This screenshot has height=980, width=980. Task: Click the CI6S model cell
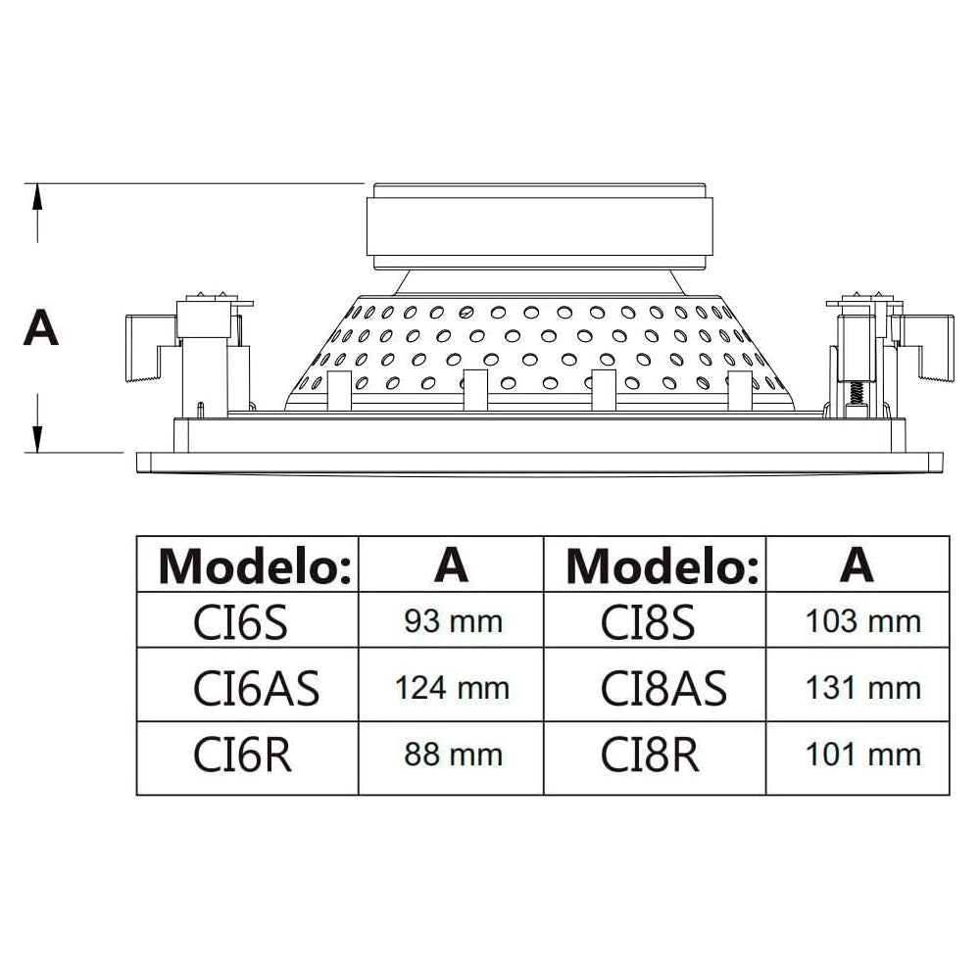[240, 621]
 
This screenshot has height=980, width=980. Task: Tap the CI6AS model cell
[257, 688]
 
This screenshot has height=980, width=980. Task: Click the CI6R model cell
[243, 755]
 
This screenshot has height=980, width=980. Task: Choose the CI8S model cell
[648, 621]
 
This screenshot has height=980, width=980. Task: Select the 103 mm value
[862, 621]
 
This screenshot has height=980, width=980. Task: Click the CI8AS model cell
[663, 688]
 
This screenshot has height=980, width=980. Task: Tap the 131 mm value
[862, 688]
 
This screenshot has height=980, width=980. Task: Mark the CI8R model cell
[650, 755]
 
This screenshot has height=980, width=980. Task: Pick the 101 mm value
[862, 755]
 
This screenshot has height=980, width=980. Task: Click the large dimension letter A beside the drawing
[40, 327]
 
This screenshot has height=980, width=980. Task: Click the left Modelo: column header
[255, 564]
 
